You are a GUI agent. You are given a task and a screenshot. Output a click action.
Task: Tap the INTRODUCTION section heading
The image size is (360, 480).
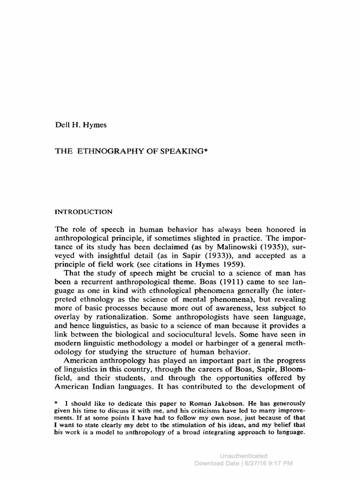click(83, 212)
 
